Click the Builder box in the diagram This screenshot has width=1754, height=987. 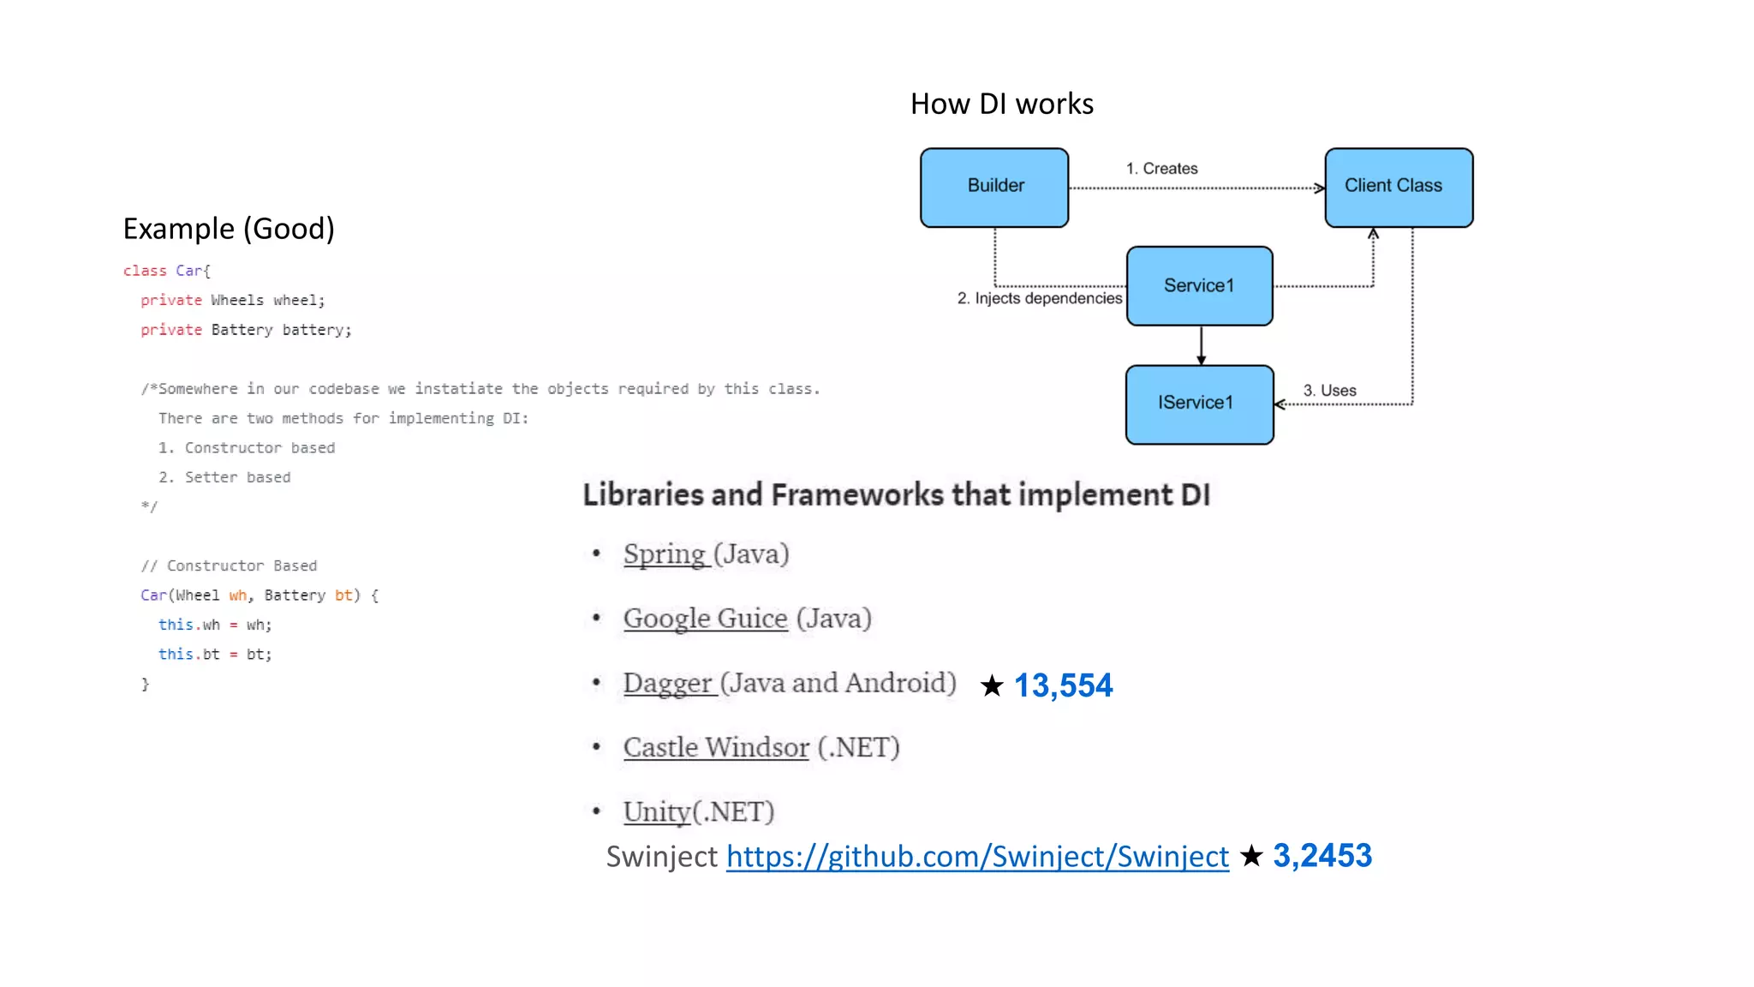994,187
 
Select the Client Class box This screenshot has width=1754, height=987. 1399,187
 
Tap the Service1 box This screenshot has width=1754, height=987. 1199,285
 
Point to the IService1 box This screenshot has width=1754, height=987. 1199,404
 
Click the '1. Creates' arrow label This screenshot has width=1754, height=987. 1161,169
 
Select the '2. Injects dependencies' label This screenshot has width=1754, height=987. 1039,298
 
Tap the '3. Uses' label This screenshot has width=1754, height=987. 1329,391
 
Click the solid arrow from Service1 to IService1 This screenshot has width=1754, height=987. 1201,345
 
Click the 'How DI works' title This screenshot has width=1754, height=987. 1001,105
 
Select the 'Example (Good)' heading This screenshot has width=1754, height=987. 229,229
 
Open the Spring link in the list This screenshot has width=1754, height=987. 665,554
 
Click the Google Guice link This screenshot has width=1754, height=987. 705,619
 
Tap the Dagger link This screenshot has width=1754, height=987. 668,684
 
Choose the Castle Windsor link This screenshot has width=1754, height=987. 716,748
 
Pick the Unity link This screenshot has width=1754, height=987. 656,812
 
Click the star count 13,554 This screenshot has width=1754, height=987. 1063,685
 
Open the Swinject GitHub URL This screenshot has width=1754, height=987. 977,857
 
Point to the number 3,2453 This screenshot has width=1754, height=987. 1321,856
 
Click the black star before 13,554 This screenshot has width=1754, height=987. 992,685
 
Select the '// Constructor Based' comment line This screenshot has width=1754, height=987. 229,565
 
